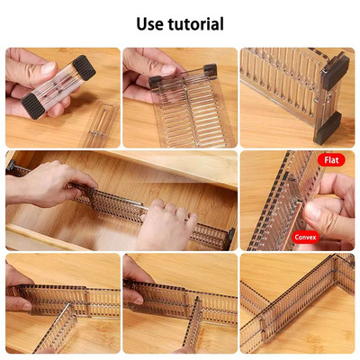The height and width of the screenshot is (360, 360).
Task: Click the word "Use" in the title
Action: [x=151, y=23]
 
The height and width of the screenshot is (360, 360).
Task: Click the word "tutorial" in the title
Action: [x=195, y=23]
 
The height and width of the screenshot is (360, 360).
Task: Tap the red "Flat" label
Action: [x=330, y=160]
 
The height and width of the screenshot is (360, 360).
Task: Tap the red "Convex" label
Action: [x=305, y=238]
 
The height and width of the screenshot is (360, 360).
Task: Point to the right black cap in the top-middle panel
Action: [x=209, y=68]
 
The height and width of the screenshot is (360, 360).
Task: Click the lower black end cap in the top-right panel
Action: [x=326, y=125]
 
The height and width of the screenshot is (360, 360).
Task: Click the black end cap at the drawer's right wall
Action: [x=230, y=238]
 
